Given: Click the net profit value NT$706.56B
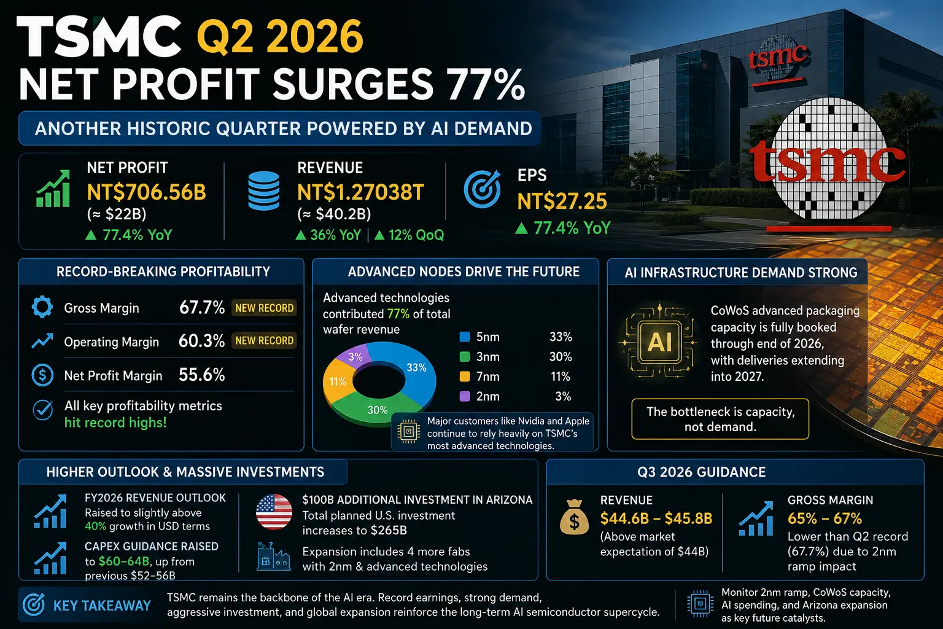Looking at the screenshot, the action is pos(147,192).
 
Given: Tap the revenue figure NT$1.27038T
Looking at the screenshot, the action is pos(360,192).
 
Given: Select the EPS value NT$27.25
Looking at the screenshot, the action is pos(562,201).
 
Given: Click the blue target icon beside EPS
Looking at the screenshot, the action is pos(483,189).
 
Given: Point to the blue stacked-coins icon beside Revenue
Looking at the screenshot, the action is pos(263,190).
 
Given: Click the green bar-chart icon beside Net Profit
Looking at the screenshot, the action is pos(53,189).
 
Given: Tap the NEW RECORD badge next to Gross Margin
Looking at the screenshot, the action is pos(264,308).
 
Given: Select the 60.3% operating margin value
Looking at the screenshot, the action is pos(201,341).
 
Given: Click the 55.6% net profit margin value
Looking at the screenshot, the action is pos(201,375).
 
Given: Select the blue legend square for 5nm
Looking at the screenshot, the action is pos(465,337).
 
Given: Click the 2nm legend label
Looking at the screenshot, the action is pos(488,396).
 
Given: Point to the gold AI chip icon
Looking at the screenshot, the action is pos(659,342).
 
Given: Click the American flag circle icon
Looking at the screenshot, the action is pos(274,512).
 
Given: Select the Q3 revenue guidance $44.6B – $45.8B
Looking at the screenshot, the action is pos(656,518).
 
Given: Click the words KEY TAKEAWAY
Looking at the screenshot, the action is pos(102,606).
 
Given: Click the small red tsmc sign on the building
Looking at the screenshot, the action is pos(777,60).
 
